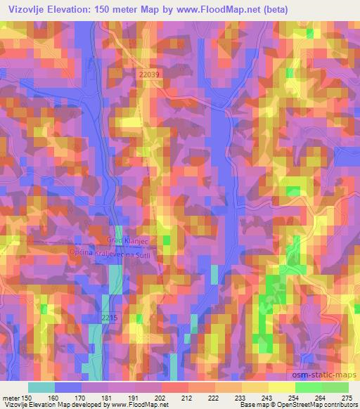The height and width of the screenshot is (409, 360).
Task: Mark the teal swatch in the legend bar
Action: point(41,387)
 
